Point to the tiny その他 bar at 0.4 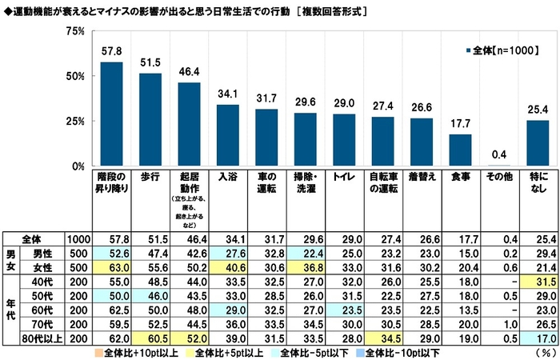click(498, 166)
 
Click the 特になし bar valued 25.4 click(537, 143)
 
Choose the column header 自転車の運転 click(382, 182)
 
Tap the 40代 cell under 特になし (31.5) click(537, 281)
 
